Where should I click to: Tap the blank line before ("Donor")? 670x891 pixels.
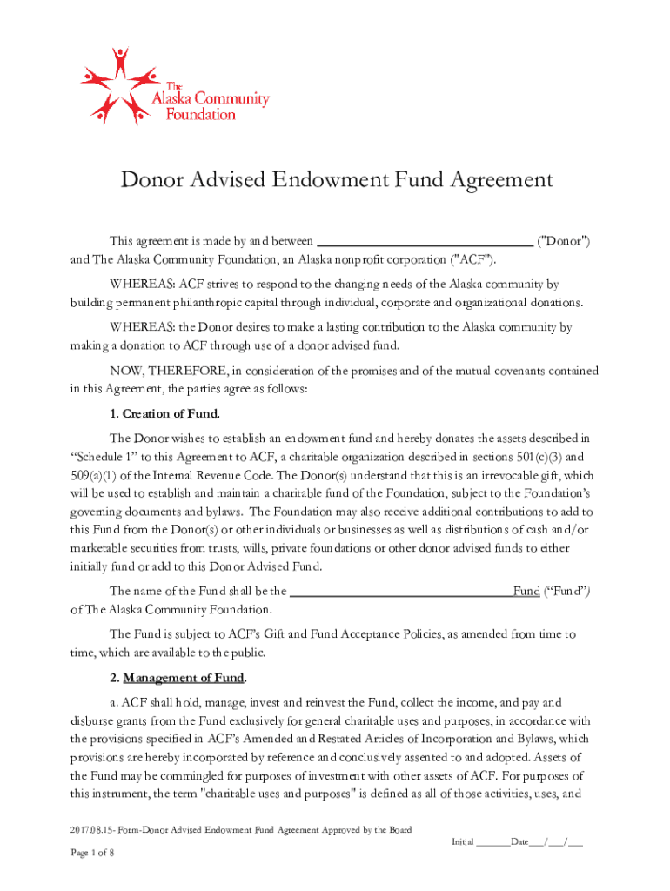click(x=423, y=240)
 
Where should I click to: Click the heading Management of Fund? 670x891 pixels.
click(x=184, y=678)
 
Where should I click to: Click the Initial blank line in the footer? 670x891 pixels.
click(x=492, y=842)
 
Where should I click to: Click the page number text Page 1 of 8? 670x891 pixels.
click(x=92, y=853)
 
